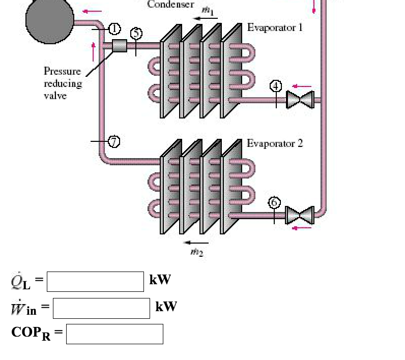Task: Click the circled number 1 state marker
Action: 114,28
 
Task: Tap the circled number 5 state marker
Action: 136,34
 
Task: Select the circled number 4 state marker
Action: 276,86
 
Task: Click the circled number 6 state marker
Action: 274,202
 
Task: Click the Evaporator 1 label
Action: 275,27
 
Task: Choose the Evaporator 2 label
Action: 275,143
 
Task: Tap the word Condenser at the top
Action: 170,5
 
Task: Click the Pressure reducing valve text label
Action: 63,83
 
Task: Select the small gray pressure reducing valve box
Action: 119,46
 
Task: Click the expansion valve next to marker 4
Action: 300,99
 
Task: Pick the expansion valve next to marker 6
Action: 300,215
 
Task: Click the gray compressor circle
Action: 49,20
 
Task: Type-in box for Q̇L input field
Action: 95,282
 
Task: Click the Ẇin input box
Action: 101,308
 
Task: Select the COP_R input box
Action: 114,334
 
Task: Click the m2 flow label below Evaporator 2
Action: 196,251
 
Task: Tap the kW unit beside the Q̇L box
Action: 160,280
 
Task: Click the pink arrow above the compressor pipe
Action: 92,11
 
